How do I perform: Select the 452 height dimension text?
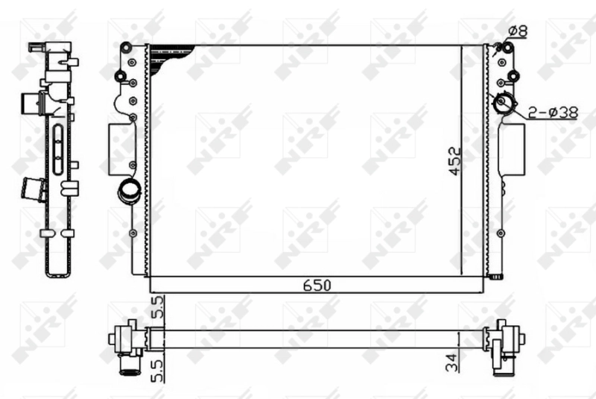tap(455, 161)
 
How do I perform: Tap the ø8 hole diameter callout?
tap(519, 31)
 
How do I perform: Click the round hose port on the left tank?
tap(128, 191)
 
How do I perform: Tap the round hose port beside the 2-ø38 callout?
tap(504, 104)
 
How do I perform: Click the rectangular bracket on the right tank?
tap(511, 148)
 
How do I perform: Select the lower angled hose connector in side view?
tap(34, 189)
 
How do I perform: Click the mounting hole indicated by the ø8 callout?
tap(508, 49)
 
